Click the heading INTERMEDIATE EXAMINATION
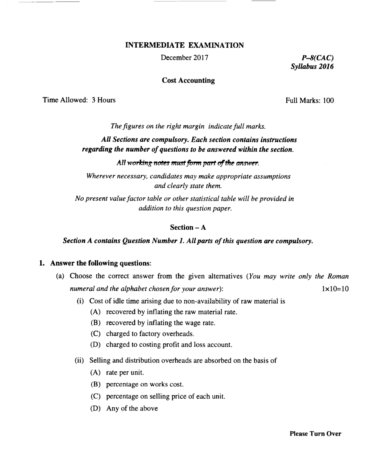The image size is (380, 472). (x=184, y=45)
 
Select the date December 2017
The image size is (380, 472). (x=184, y=58)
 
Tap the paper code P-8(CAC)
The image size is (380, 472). (x=317, y=58)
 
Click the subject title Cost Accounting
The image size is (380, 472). (x=188, y=81)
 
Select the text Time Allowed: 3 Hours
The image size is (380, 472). (x=79, y=100)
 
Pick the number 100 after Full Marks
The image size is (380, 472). (x=328, y=101)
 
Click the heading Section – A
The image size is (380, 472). (x=188, y=227)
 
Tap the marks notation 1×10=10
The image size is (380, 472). (x=335, y=289)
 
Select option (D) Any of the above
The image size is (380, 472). (x=132, y=408)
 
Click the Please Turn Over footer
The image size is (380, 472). (x=315, y=434)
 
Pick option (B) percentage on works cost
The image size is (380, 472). (x=145, y=384)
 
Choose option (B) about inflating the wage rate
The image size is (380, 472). (x=160, y=323)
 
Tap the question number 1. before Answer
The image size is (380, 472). (x=42, y=263)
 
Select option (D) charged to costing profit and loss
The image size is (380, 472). (x=169, y=344)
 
